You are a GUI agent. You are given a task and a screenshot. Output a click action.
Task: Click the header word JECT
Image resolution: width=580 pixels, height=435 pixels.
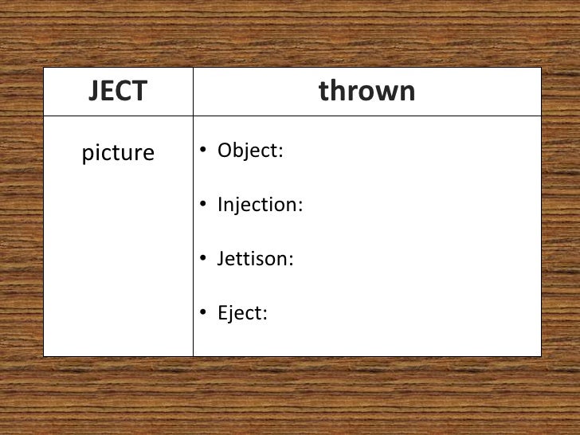118,92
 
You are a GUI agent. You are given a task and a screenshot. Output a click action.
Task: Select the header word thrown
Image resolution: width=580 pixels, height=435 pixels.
366,92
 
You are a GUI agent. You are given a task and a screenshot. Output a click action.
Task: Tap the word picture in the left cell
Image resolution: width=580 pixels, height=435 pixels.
118,153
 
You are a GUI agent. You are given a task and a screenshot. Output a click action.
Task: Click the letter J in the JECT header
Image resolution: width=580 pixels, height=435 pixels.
94,92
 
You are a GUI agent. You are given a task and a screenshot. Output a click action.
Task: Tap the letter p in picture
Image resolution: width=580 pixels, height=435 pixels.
87,155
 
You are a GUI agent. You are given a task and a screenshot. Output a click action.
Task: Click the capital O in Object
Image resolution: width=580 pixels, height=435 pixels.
225,151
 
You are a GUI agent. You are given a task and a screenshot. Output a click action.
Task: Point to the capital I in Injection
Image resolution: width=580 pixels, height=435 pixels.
220,205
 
